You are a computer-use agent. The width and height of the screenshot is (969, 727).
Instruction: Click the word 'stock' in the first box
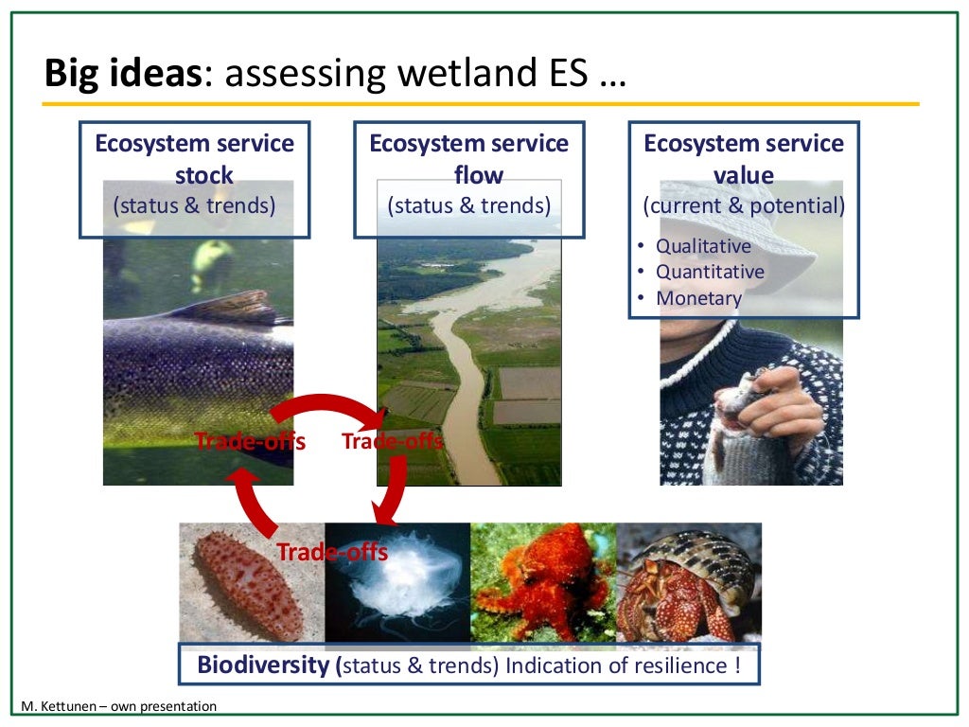pos(203,175)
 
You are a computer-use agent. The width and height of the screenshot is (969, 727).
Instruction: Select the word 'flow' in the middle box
pos(478,175)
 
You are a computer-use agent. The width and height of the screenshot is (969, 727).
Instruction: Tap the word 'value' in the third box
pos(743,175)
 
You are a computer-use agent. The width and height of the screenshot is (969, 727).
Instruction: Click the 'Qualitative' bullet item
pos(703,246)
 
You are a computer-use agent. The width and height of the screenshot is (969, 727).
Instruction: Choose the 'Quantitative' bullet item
pos(710,272)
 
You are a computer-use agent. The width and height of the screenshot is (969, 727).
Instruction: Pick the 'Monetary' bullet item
pos(698,298)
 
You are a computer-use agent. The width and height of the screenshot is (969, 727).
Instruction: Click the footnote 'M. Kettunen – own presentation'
pos(119,706)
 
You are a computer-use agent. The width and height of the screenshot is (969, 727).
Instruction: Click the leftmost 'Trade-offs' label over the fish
pos(250,441)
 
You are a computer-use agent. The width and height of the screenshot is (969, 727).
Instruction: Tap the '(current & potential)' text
pos(744,205)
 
